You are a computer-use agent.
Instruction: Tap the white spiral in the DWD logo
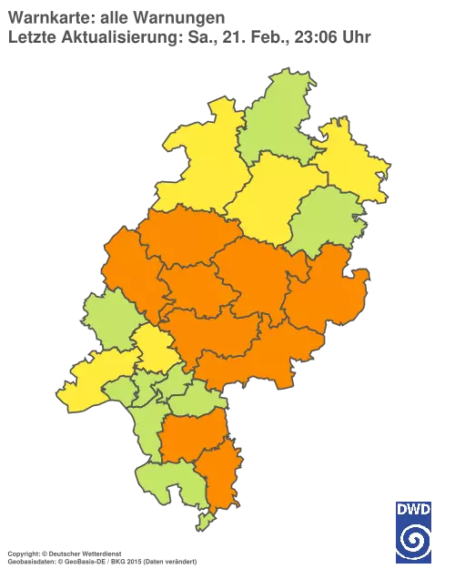(x=414, y=538)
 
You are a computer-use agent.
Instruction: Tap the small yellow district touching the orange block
(x=155, y=347)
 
